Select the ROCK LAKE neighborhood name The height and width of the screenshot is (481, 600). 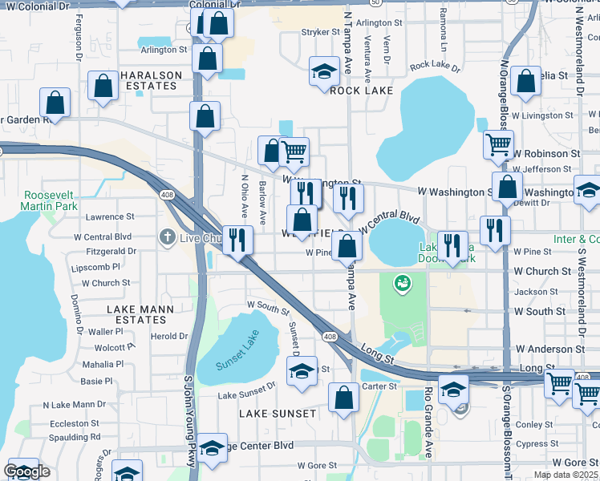click(362, 91)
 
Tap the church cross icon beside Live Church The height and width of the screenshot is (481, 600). click(166, 236)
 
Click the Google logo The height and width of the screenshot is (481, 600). click(26, 471)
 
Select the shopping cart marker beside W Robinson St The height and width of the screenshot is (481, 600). click(498, 145)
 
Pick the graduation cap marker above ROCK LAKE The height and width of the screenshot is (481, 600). click(324, 72)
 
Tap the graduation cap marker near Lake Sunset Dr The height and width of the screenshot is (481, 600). click(302, 371)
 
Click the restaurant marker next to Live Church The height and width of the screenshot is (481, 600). click(237, 239)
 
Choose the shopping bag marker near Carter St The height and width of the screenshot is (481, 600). click(343, 397)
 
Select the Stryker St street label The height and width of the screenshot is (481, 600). click(320, 32)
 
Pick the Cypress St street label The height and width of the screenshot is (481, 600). click(554, 443)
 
